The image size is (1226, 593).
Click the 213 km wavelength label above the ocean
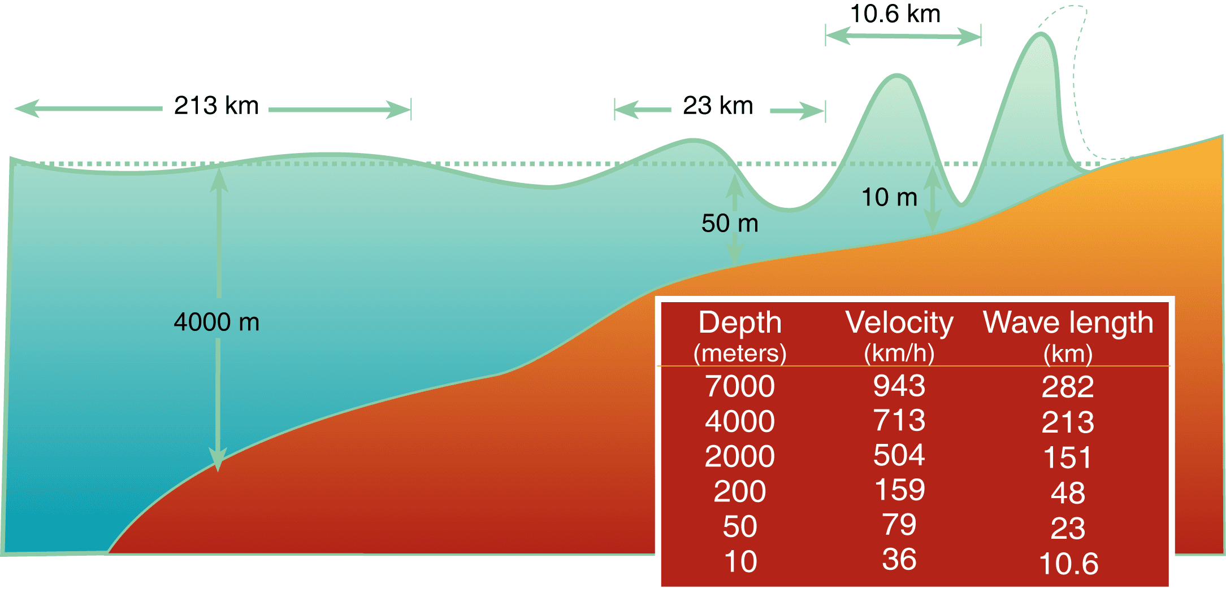[x=216, y=106]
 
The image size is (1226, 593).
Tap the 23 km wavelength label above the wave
[x=718, y=106]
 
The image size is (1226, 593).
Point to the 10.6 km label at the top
[x=895, y=14]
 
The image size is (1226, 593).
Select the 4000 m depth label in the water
[x=216, y=322]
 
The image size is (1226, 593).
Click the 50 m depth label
[x=730, y=223]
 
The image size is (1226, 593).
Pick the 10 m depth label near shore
[x=889, y=197]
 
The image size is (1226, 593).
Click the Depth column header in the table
[x=740, y=322]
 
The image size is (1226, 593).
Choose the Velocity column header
[x=899, y=322]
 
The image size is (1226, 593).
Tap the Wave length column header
[x=1068, y=322]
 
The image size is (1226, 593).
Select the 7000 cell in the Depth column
[x=740, y=386]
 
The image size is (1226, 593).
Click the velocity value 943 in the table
[x=899, y=386]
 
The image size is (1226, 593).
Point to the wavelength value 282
[x=1068, y=387]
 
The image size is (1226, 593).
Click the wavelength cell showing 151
[x=1067, y=457]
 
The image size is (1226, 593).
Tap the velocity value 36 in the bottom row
[x=899, y=559]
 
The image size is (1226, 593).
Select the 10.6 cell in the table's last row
[x=1068, y=564]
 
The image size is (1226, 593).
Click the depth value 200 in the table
[x=740, y=491]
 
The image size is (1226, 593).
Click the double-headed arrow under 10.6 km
[x=903, y=37]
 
